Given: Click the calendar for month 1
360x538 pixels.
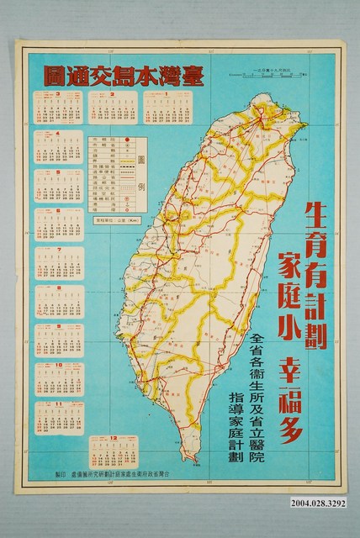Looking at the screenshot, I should [163, 109].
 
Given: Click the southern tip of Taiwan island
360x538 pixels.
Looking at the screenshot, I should [194, 459].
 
